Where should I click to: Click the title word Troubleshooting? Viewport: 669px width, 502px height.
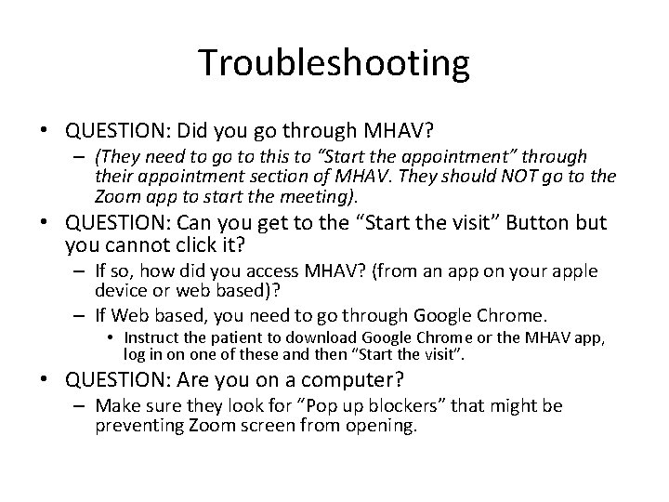pos(334,63)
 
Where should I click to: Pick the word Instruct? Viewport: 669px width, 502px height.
pos(152,337)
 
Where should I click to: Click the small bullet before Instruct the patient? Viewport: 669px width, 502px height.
pos(111,337)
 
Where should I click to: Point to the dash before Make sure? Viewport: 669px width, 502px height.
pos(82,406)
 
